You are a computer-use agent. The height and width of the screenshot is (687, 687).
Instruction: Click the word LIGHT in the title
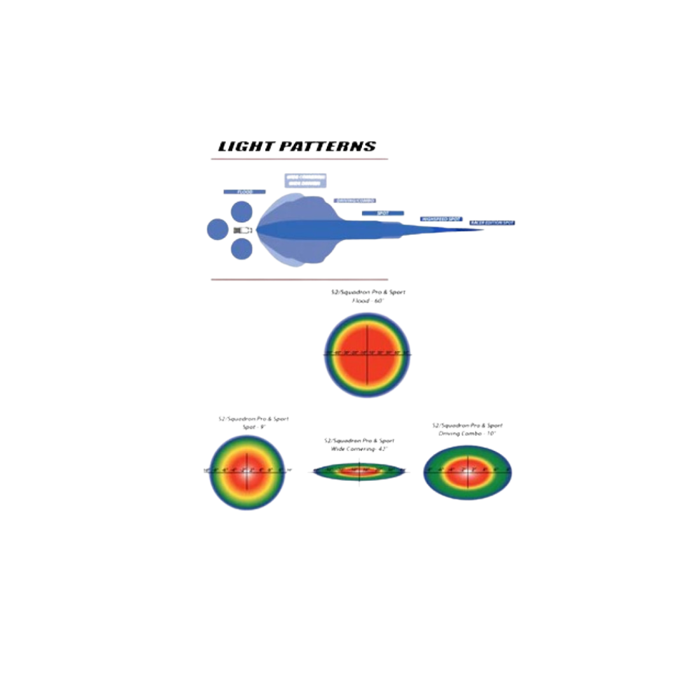(x=240, y=147)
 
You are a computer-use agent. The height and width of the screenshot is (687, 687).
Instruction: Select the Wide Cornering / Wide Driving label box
(x=305, y=180)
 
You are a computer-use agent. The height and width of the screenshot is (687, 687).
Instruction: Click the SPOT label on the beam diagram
(x=383, y=213)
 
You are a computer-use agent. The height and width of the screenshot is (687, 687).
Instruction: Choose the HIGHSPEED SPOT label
(x=441, y=219)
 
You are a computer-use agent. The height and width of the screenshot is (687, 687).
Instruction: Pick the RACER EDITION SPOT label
(x=492, y=223)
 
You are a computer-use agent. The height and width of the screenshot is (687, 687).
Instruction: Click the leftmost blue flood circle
(x=217, y=229)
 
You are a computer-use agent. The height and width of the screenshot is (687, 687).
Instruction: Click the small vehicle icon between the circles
(x=242, y=229)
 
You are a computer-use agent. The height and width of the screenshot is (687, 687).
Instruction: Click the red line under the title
(x=299, y=159)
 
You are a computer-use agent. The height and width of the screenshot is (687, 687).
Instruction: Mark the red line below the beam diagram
(x=299, y=279)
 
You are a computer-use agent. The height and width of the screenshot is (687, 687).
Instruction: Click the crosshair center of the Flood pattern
(x=367, y=353)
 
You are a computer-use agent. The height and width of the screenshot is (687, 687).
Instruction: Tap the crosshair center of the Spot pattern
(x=246, y=471)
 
